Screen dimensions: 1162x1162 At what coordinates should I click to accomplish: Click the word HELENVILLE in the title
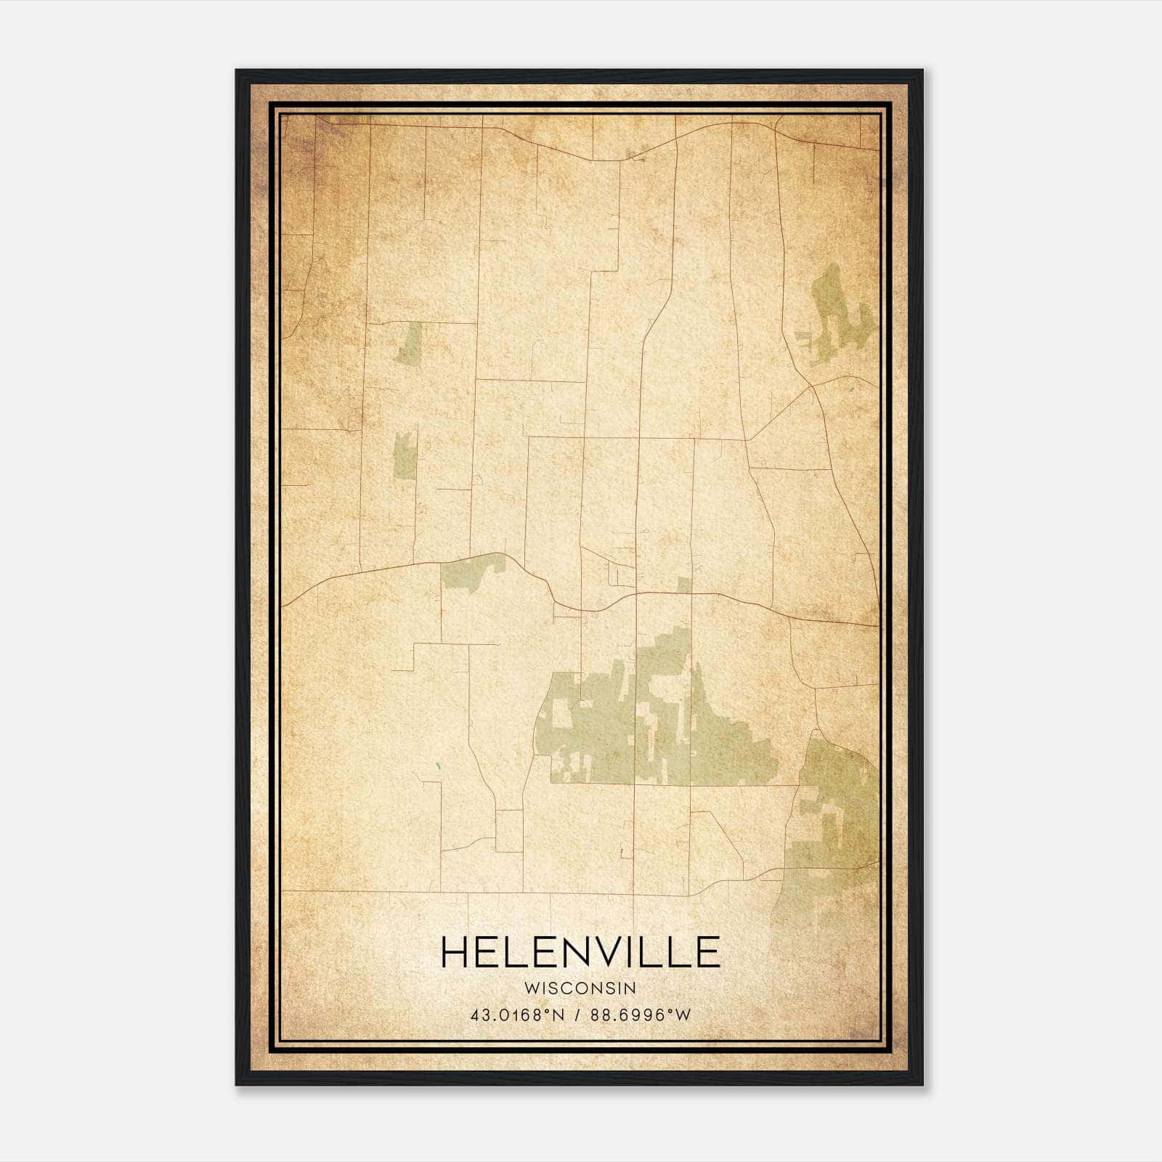click(580, 952)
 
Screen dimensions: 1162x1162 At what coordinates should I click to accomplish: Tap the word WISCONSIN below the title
click(580, 988)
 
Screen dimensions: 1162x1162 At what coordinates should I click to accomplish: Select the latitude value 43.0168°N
click(516, 1015)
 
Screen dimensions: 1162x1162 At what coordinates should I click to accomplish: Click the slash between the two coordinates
click(577, 1015)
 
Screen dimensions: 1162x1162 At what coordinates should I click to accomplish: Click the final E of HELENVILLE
click(706, 952)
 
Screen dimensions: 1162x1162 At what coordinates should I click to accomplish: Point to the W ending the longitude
click(683, 1015)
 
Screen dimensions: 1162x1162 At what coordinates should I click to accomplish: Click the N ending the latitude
click(558, 1015)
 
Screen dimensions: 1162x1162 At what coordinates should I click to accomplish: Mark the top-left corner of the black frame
click(236, 70)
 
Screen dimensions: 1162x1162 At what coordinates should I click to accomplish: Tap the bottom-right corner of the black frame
click(922, 1085)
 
